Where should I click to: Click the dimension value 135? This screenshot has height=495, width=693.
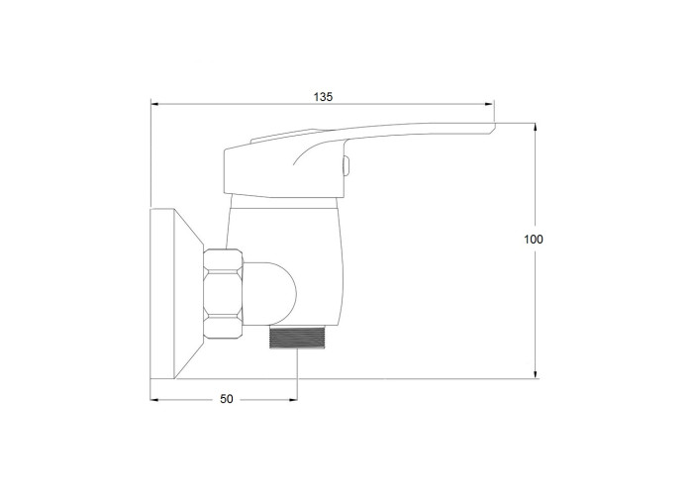[323, 97]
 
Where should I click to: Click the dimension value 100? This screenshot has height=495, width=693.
[534, 240]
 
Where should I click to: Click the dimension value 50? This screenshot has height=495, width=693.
[227, 399]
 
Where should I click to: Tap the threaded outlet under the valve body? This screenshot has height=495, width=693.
[297, 338]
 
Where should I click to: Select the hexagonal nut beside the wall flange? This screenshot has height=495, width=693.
[223, 295]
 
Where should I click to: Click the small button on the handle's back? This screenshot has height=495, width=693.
[347, 165]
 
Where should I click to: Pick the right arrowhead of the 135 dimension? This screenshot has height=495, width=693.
[489, 105]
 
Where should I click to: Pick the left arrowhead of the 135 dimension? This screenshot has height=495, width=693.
[155, 105]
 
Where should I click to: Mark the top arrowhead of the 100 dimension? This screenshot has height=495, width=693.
[536, 128]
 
